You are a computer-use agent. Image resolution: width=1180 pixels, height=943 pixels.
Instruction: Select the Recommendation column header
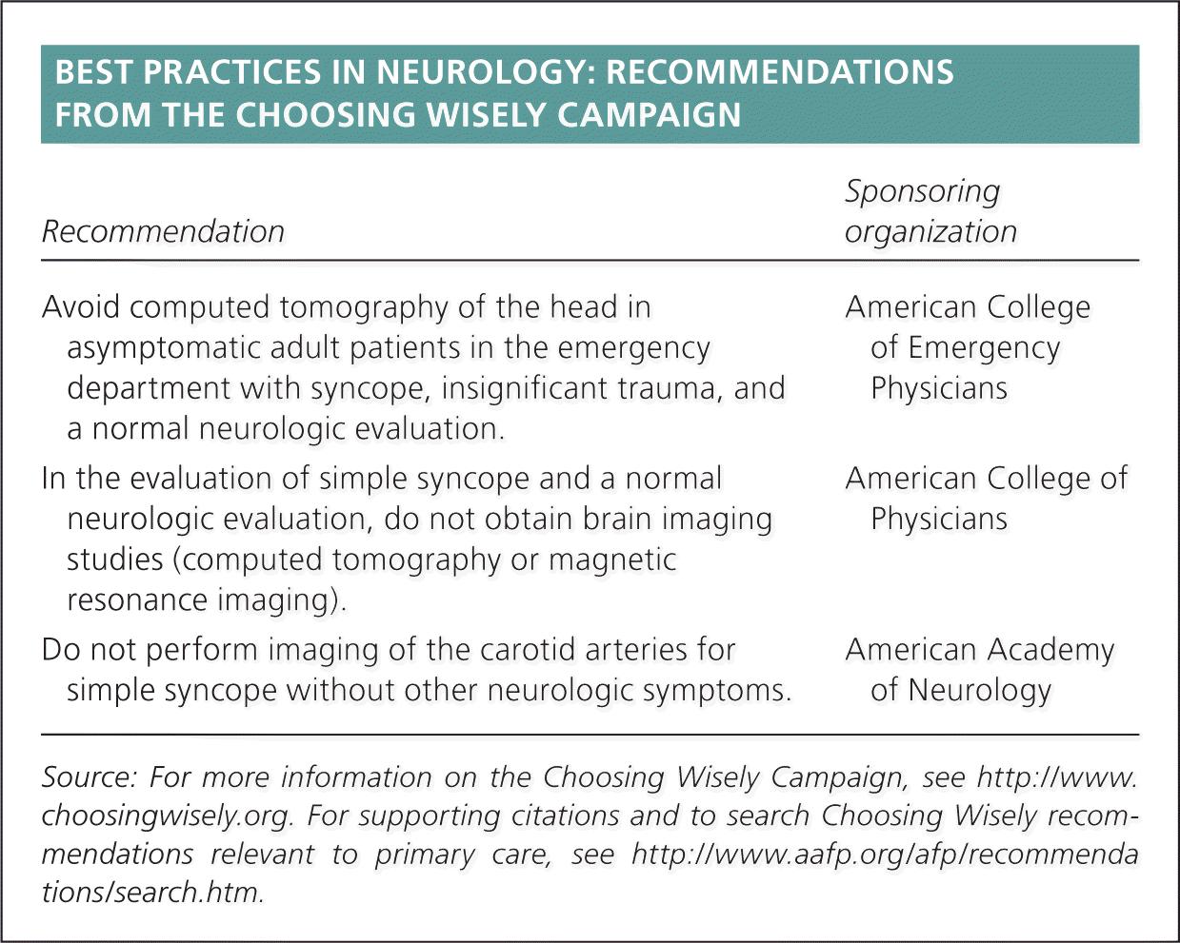[163, 231]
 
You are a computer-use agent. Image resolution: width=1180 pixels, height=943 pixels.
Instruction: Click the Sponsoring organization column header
[930, 211]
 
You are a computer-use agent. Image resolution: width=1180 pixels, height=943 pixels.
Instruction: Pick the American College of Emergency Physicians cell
[967, 347]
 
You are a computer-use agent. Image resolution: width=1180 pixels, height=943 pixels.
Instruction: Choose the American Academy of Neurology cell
[979, 670]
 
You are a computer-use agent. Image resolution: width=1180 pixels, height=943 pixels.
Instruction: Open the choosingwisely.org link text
[170, 816]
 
